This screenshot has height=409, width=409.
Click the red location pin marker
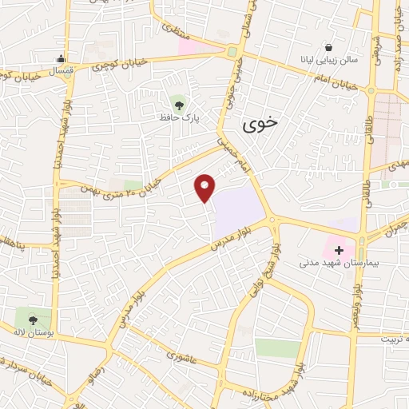(205, 189)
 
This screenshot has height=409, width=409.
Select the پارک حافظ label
(177, 117)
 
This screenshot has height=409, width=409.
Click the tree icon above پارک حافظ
(177, 101)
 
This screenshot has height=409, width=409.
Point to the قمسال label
(61, 72)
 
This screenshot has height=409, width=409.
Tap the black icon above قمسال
(61, 58)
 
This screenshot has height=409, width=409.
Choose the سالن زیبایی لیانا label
(329, 60)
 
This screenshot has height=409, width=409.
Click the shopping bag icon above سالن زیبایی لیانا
(329, 46)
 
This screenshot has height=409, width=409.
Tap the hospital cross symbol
(339, 250)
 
